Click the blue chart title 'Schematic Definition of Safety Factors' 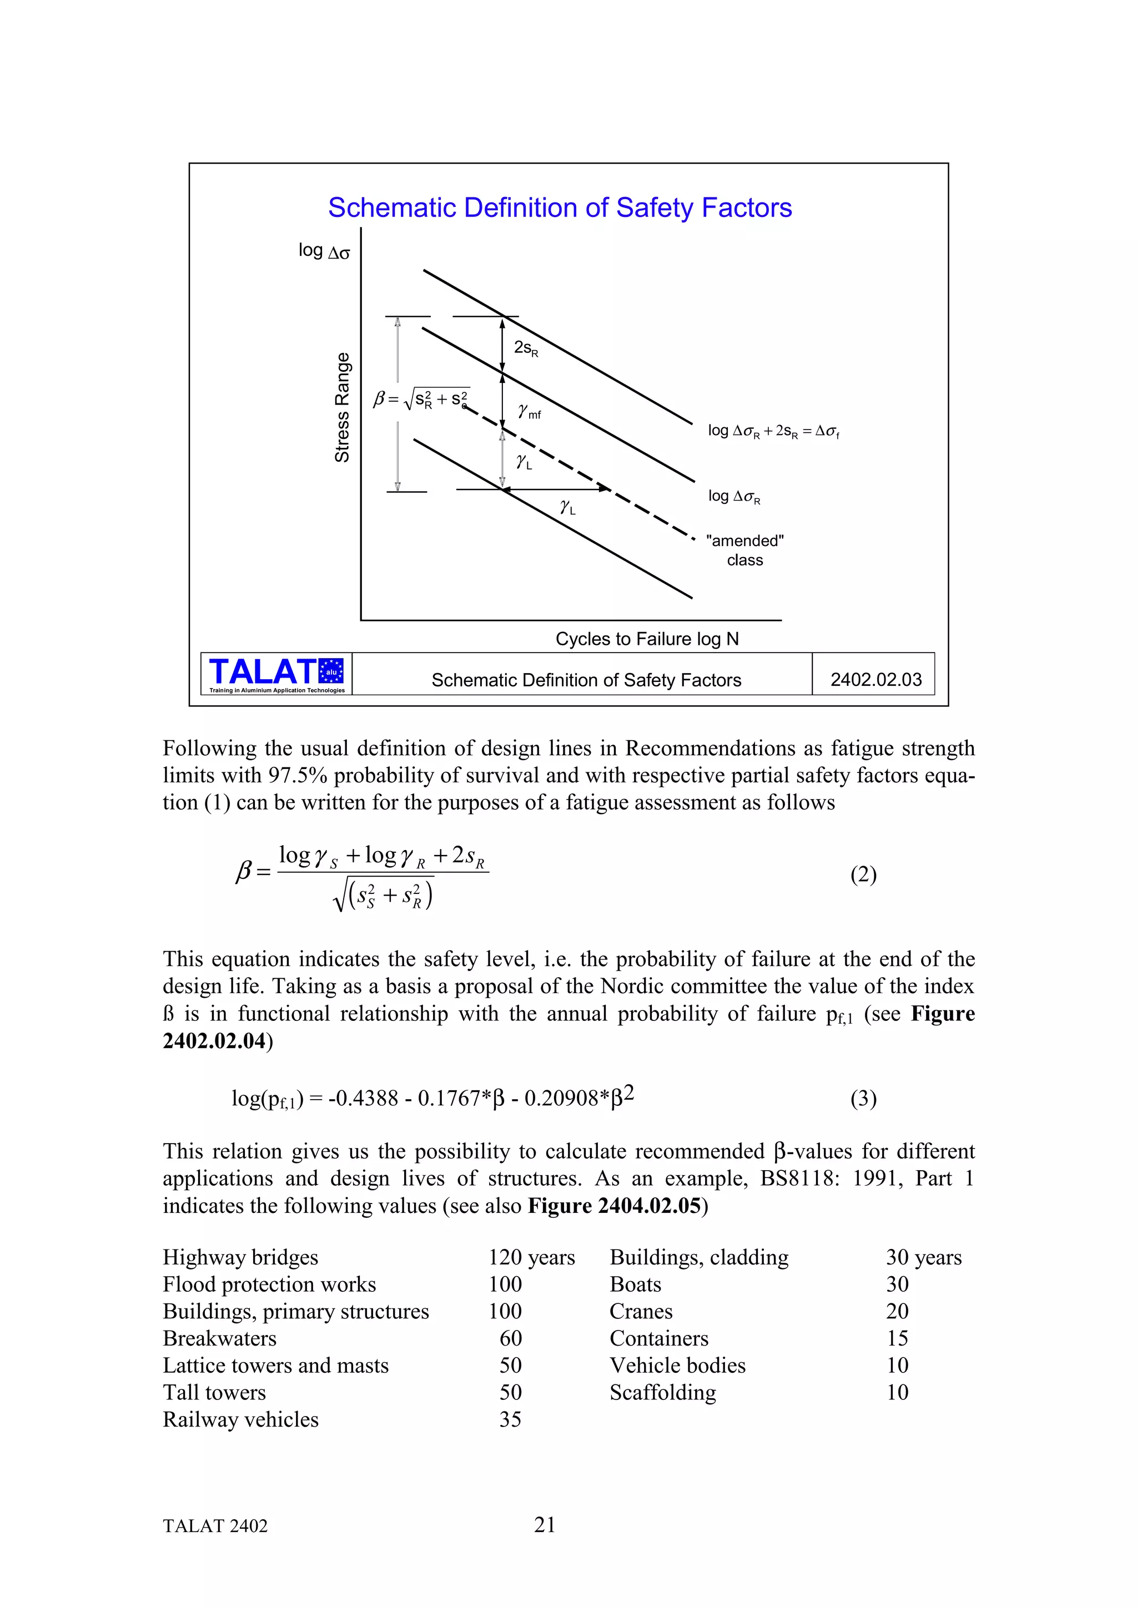[x=560, y=208]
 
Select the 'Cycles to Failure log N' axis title [x=647, y=639]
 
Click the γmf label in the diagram [x=529, y=412]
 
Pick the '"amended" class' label [x=744, y=550]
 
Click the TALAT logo [x=276, y=674]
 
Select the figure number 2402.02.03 [x=876, y=679]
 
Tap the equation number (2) [x=863, y=874]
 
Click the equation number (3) [x=863, y=1098]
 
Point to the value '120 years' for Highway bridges [x=532, y=1257]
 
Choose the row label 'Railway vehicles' [x=240, y=1419]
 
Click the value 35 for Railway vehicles [x=510, y=1419]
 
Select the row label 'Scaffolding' [x=663, y=1392]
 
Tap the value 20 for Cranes [x=897, y=1311]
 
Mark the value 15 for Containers [x=897, y=1338]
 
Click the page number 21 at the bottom [x=544, y=1525]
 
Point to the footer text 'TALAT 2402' [x=215, y=1526]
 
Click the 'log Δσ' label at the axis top [x=324, y=251]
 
